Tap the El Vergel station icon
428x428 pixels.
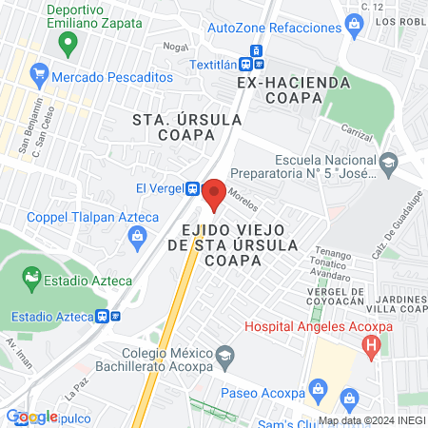(x=193, y=188)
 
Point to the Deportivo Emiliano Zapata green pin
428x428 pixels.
(x=67, y=43)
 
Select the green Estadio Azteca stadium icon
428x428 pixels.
(x=30, y=279)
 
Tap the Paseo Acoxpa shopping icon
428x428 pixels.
(x=349, y=396)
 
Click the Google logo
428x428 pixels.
(x=31, y=417)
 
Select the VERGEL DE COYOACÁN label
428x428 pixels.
(x=337, y=296)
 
